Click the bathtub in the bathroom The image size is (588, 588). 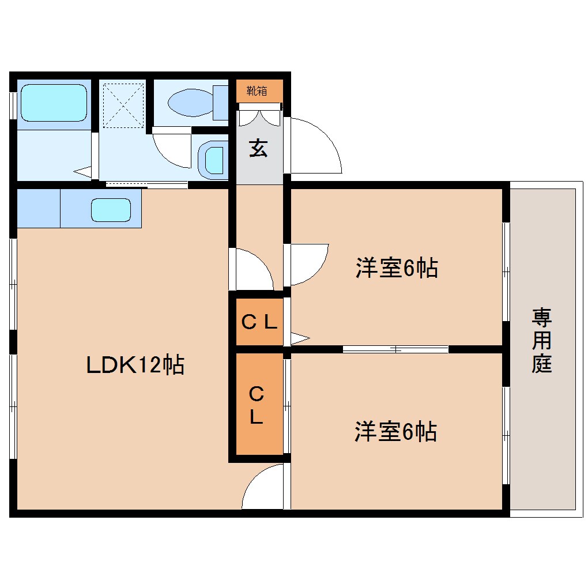click(x=54, y=102)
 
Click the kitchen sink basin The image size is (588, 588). click(x=111, y=210)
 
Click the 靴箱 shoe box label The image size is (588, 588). click(x=257, y=91)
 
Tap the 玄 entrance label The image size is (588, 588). click(x=258, y=149)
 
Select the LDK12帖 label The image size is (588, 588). click(x=135, y=364)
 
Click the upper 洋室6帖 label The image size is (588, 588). click(x=397, y=268)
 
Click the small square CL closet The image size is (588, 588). click(x=259, y=322)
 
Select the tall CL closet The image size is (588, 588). click(x=259, y=405)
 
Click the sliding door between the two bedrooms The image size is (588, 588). click(x=395, y=349)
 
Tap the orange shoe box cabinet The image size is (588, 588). click(x=259, y=91)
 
